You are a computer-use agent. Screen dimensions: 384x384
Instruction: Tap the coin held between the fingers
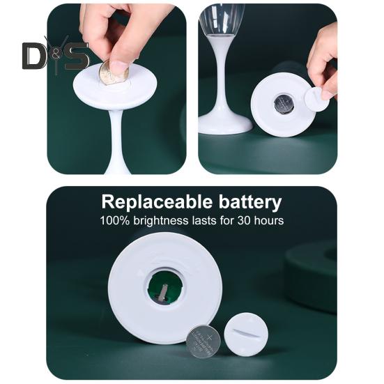[x=112, y=72]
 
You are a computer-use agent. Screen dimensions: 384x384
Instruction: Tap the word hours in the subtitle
[x=267, y=221]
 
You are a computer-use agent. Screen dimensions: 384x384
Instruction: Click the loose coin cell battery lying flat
[x=203, y=341]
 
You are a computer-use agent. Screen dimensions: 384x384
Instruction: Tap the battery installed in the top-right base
[x=283, y=105]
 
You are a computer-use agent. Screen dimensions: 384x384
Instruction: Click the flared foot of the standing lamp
[x=224, y=125]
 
